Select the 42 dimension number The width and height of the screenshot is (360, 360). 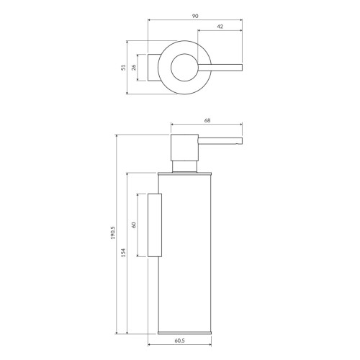point(219,27)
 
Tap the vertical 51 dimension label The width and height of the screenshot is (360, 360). point(123,68)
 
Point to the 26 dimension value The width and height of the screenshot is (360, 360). point(134,68)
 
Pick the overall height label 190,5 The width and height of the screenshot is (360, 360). point(113,235)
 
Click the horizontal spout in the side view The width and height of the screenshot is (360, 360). point(220,139)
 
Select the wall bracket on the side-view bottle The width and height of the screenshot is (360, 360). point(154,225)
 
